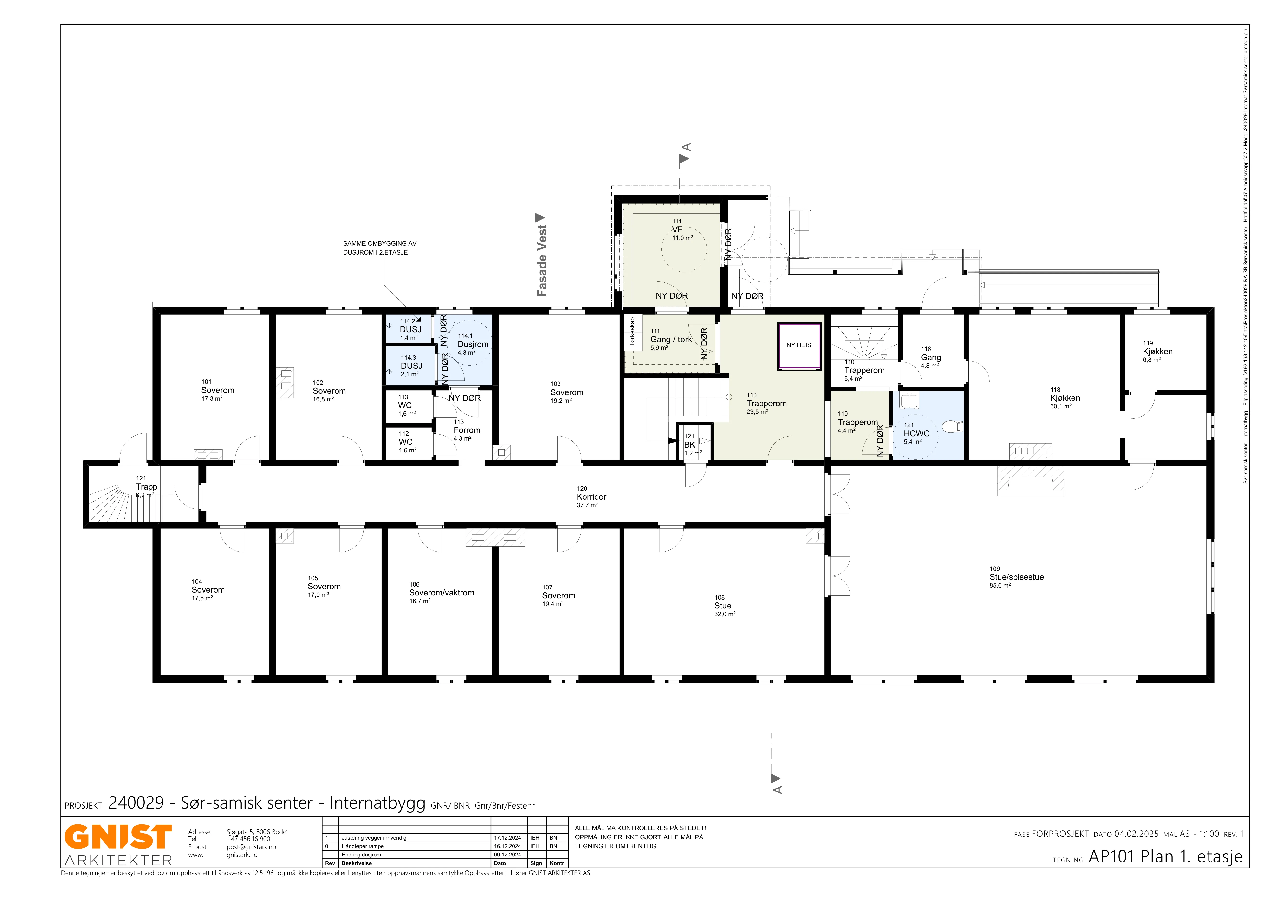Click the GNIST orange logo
pos(118,837)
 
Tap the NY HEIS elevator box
pos(799,346)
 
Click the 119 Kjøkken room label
pos(1157,351)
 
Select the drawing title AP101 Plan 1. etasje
pos(1165,857)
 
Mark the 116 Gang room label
pos(930,357)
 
